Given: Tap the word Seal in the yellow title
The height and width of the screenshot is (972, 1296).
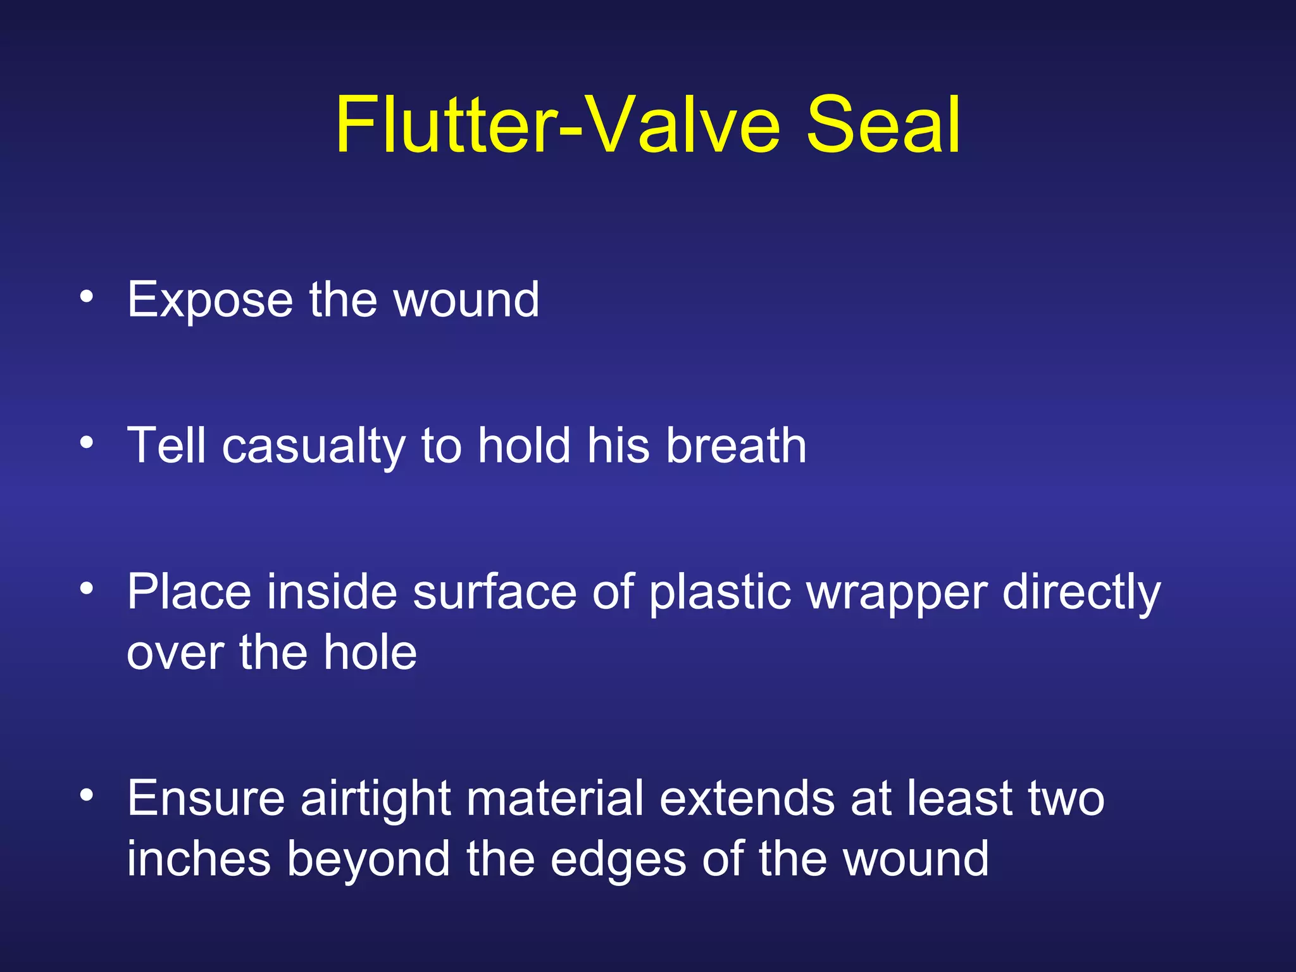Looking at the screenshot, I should (x=883, y=125).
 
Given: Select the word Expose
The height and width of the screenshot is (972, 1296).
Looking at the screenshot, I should (x=210, y=300).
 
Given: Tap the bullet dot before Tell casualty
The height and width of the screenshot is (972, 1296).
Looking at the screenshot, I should (x=87, y=442).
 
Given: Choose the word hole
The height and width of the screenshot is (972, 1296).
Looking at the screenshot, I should (x=370, y=652).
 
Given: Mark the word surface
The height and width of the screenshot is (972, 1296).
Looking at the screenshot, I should (x=494, y=592).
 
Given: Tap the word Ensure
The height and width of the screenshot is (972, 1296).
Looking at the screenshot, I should (x=206, y=799).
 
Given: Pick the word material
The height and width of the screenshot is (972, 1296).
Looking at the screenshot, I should (x=555, y=799).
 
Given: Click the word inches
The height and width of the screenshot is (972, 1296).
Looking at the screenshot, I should (x=199, y=859).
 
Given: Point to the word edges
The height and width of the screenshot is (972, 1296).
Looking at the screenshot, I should (x=618, y=860).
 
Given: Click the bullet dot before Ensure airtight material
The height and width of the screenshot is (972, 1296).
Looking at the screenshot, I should (x=87, y=794).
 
